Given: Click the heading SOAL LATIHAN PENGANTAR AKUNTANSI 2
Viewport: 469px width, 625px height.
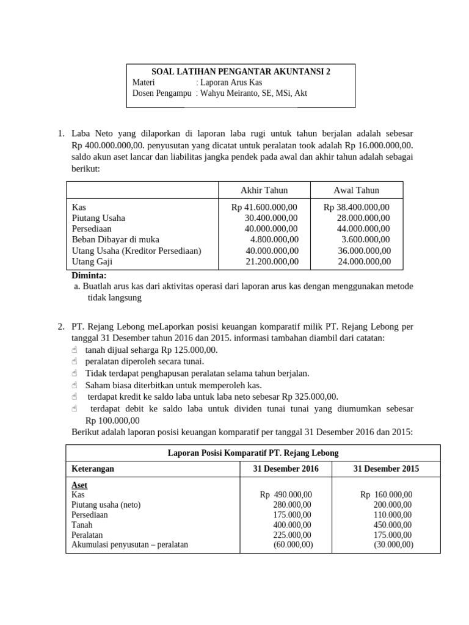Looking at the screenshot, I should (x=240, y=71).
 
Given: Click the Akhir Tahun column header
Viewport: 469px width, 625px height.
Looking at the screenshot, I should (x=264, y=190).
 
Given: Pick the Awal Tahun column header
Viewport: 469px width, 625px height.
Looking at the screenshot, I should (x=357, y=190).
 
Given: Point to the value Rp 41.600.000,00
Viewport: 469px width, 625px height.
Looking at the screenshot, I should (x=264, y=207).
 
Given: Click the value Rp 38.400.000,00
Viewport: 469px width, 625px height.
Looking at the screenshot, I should (x=357, y=207).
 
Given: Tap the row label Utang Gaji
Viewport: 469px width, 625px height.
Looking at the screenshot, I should (x=92, y=261).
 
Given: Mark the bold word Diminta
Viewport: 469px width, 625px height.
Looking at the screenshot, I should (x=89, y=275).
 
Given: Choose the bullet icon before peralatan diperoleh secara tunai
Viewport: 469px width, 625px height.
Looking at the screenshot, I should (x=75, y=361).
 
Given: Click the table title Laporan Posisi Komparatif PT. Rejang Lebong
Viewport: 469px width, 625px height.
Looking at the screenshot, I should (x=253, y=453).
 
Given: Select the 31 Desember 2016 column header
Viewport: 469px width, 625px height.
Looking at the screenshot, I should (x=286, y=469).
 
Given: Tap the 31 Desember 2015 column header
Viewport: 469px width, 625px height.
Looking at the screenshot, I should (x=387, y=469).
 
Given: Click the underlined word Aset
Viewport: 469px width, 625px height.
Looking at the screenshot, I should (x=79, y=485).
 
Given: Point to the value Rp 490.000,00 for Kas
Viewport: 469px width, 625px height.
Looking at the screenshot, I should (x=286, y=495).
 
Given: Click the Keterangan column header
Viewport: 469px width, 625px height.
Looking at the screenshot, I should (x=92, y=469).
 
